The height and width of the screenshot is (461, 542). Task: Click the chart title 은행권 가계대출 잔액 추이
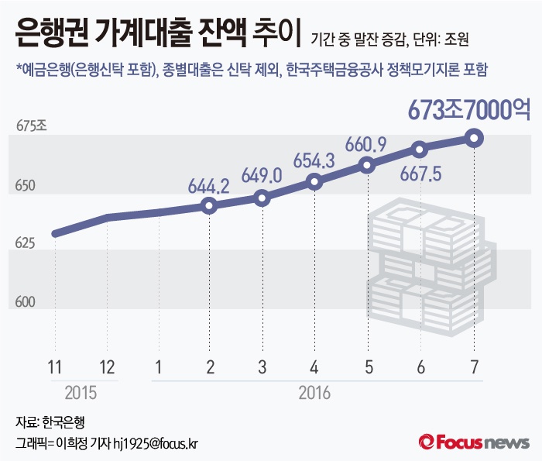tap(156, 35)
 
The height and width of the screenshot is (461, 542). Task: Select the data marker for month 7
tap(475, 139)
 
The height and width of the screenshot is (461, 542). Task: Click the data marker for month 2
tap(208, 205)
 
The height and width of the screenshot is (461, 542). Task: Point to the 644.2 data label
tap(208, 186)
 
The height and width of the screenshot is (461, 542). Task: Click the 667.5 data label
tap(420, 174)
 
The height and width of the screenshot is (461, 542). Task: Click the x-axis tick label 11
tap(55, 366)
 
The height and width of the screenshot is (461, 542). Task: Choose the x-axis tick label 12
tap(107, 366)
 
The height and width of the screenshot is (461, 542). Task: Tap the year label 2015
tap(81, 393)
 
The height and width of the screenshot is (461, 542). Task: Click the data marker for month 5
tap(367, 165)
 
